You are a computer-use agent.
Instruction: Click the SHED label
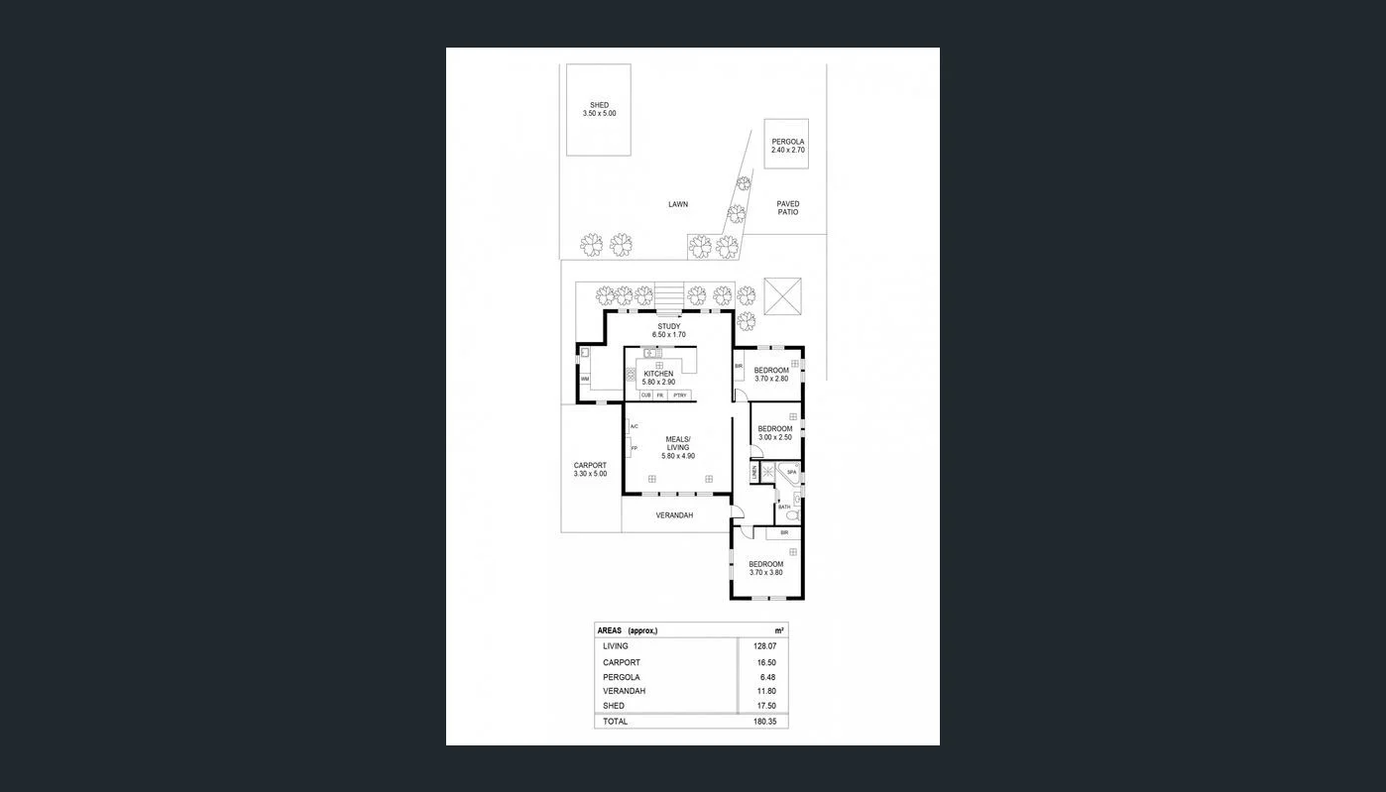(x=599, y=109)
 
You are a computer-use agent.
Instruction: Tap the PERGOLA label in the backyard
(x=788, y=145)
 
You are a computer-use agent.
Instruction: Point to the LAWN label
(x=677, y=204)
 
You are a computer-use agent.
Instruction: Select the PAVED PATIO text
(x=788, y=208)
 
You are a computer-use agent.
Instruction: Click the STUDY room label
(x=668, y=330)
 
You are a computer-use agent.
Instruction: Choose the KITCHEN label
(x=658, y=378)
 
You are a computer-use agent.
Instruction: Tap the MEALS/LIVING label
(x=678, y=447)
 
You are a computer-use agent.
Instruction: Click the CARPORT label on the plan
(x=590, y=469)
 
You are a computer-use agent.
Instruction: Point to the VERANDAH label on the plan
(x=674, y=515)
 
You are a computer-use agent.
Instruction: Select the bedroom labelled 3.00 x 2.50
(x=775, y=432)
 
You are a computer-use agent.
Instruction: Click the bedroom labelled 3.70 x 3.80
(x=765, y=568)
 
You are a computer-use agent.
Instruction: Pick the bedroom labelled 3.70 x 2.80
(x=771, y=374)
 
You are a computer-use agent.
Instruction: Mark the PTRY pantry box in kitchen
(x=679, y=396)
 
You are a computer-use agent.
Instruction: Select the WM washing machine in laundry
(x=585, y=379)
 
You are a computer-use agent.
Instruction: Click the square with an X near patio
(x=787, y=295)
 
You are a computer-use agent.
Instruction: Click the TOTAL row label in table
(x=615, y=722)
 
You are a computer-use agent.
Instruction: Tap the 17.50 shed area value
(x=765, y=706)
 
